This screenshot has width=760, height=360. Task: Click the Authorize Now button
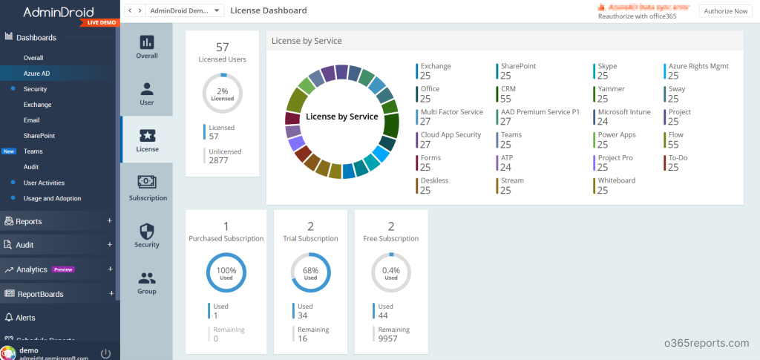(x=726, y=11)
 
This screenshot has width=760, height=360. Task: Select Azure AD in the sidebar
(x=36, y=73)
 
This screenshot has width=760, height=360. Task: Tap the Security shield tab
(x=147, y=231)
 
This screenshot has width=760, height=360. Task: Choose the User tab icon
(x=147, y=89)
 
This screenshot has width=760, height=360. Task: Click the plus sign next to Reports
(x=110, y=221)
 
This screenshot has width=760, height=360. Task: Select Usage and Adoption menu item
(x=52, y=198)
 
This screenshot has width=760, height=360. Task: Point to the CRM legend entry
(x=508, y=94)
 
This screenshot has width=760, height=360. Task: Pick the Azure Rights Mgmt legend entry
(x=698, y=71)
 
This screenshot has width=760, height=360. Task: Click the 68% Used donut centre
(x=310, y=273)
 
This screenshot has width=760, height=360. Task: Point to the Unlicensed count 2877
(x=219, y=160)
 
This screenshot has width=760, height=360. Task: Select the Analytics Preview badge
(x=63, y=269)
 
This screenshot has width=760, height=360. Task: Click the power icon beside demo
(x=105, y=353)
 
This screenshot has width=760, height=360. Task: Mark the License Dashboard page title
(x=269, y=10)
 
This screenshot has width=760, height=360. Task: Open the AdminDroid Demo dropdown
(x=185, y=11)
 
